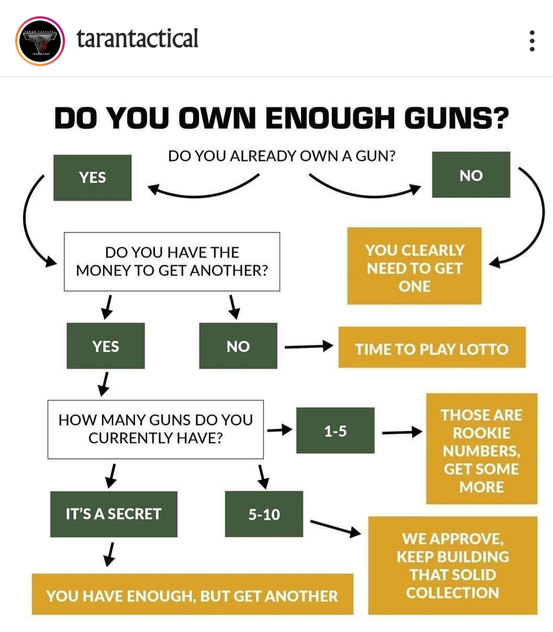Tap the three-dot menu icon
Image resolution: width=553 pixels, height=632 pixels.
click(532, 41)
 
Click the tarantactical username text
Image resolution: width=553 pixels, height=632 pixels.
click(137, 39)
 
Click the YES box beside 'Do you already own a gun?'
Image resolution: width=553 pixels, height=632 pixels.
click(93, 178)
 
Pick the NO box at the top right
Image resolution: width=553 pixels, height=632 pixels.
click(471, 175)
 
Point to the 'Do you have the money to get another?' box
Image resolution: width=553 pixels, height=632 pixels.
click(172, 261)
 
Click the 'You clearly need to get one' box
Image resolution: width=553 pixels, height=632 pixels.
click(414, 266)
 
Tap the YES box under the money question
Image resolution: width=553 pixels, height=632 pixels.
click(106, 346)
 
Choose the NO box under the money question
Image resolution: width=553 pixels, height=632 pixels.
click(238, 346)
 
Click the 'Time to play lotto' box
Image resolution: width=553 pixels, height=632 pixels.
click(432, 348)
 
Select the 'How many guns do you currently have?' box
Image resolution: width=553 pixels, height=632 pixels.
click(156, 429)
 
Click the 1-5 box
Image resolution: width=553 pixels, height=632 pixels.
click(335, 430)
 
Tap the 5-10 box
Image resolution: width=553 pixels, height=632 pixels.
click(264, 514)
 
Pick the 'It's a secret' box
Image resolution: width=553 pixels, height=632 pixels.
click(114, 514)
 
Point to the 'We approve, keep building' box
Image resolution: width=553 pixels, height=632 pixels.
click(452, 566)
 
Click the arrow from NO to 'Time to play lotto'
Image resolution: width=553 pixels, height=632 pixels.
click(308, 346)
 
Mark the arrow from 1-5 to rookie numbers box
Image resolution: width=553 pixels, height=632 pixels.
click(402, 432)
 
